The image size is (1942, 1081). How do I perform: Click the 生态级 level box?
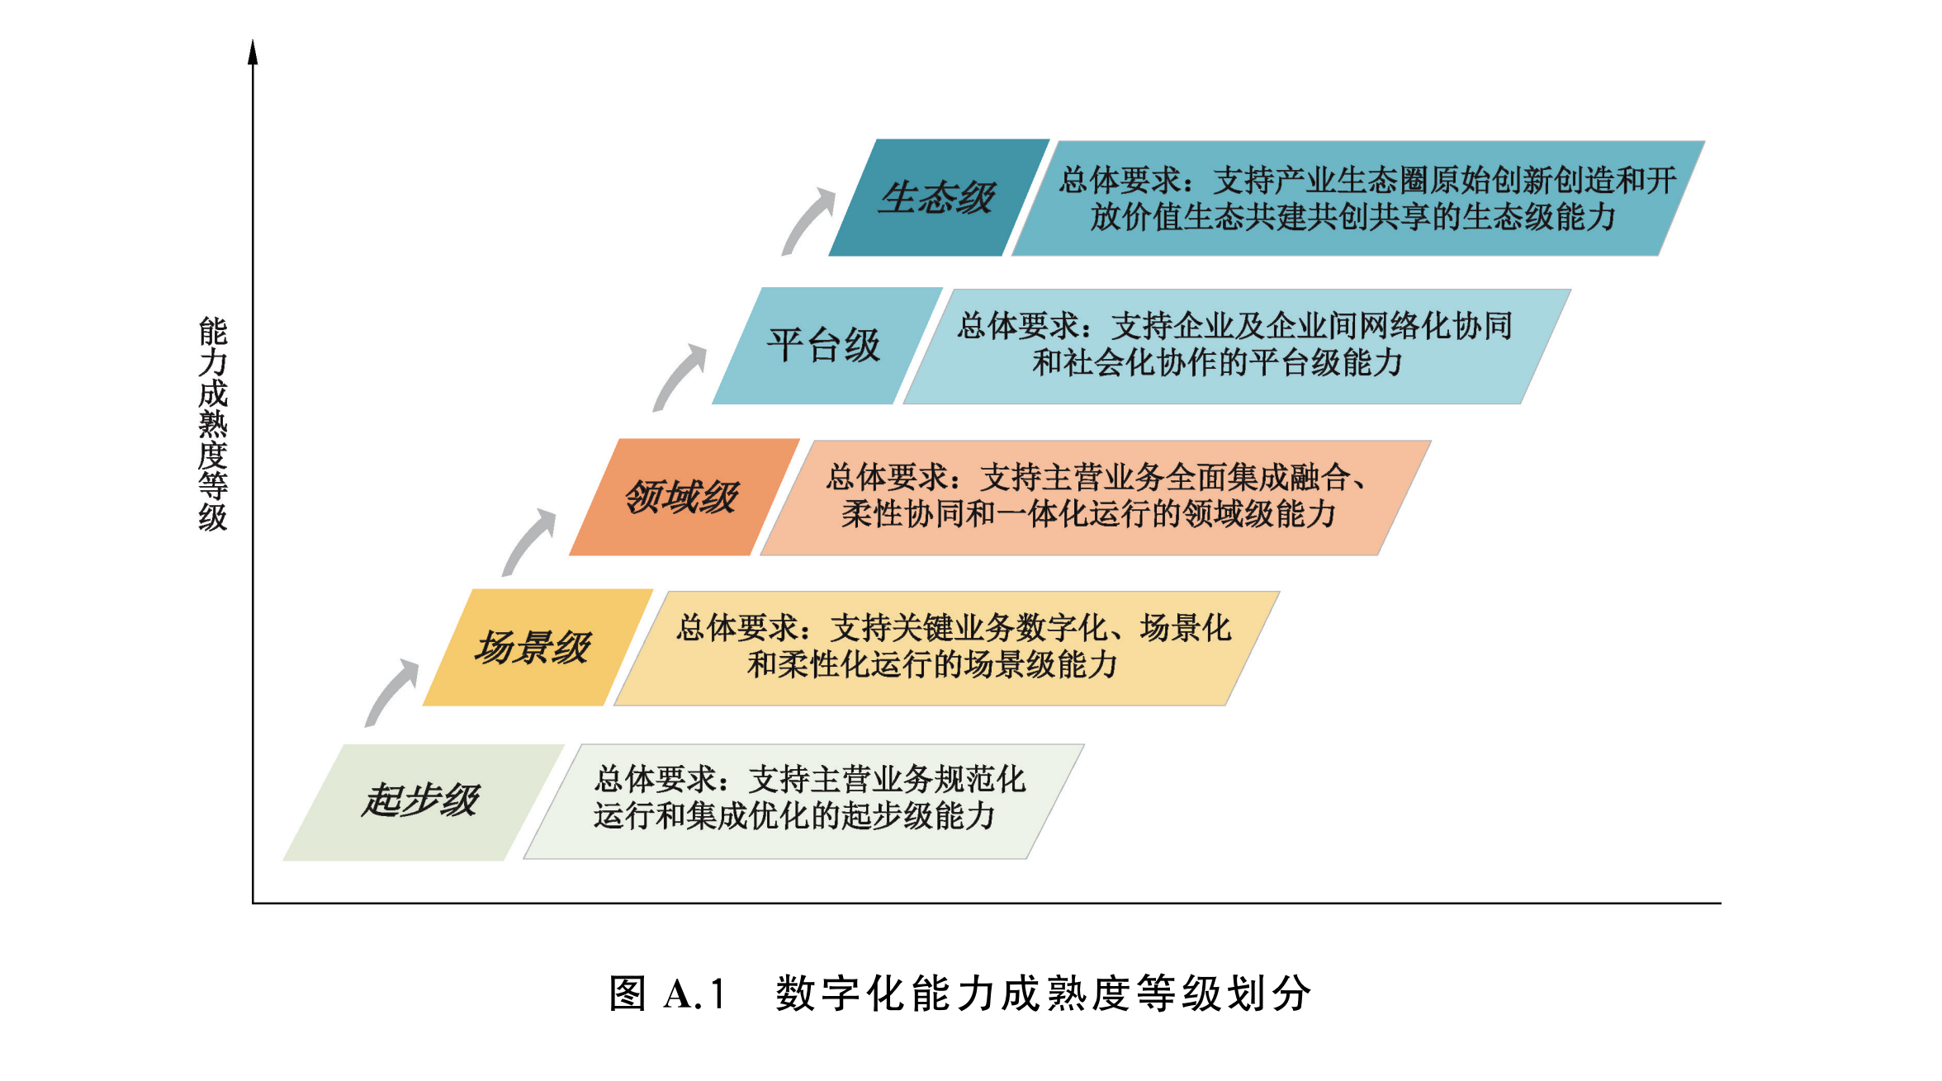point(940,197)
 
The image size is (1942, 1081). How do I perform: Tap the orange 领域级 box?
point(684,497)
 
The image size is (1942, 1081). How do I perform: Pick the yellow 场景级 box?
point(538,647)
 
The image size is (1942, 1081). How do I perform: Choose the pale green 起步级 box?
point(424,802)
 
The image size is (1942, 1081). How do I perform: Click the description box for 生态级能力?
point(1358,198)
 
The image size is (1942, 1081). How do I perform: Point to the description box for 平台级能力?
point(1237,347)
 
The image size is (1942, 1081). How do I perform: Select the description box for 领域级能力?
point(1096,498)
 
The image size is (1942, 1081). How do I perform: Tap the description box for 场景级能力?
point(947,649)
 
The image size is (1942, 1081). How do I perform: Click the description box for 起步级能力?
point(804,802)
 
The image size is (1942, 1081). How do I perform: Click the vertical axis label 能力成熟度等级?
point(213,424)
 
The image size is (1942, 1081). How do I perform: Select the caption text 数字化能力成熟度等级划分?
point(1043,994)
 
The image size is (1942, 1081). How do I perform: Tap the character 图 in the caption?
point(628,994)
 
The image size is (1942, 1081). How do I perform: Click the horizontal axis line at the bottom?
point(987,904)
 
